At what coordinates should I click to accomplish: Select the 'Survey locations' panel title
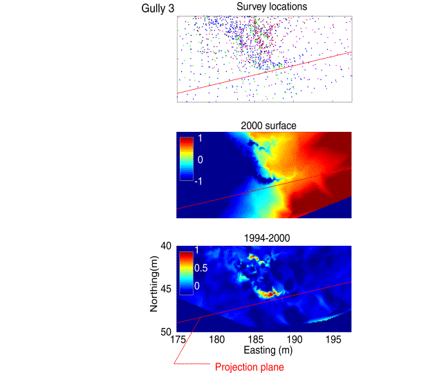[264, 7]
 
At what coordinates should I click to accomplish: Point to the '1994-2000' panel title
[264, 238]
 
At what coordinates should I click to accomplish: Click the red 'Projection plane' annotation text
[248, 367]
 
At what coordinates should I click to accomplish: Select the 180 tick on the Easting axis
[216, 339]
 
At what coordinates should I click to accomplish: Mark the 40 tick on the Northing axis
[167, 246]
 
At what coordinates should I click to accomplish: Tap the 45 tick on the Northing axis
[167, 289]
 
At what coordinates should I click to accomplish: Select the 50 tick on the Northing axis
[167, 332]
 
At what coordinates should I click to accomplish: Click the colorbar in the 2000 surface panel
[186, 158]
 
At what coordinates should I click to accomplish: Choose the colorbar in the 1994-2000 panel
[186, 272]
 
